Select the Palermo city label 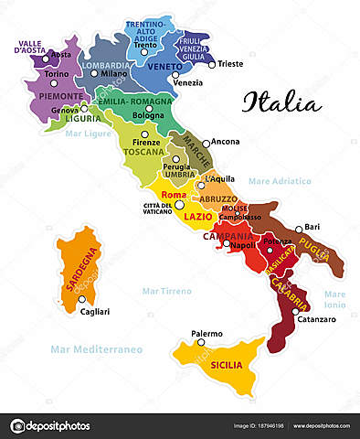coord(206,334)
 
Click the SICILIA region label coord(227,364)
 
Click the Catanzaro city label coord(315,319)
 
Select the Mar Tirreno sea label coord(167,291)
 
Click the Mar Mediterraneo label coord(97,348)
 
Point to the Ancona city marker coord(206,144)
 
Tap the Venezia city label coord(187,82)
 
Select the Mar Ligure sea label coord(88,134)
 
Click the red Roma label coord(173,195)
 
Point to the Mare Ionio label coord(334,298)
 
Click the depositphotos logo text coord(58,426)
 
